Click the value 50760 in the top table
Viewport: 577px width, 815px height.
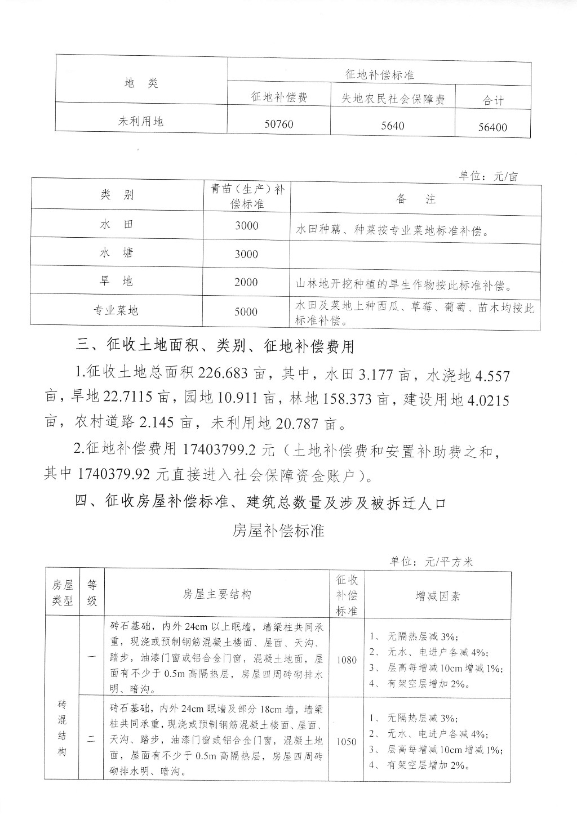click(279, 124)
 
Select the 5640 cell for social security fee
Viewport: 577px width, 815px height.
click(392, 126)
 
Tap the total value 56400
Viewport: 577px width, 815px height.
click(492, 127)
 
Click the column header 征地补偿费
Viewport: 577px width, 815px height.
click(279, 97)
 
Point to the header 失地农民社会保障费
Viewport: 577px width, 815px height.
click(393, 99)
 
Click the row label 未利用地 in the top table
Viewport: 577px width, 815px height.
click(141, 121)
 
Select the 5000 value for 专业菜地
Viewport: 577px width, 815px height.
click(246, 311)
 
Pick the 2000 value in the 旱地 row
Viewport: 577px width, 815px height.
click(246, 282)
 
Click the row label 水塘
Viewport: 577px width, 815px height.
click(116, 253)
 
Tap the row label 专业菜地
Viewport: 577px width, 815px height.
click(116, 310)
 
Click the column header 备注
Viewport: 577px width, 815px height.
click(416, 199)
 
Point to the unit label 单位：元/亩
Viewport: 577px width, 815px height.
click(489, 176)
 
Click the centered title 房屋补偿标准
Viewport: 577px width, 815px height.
click(278, 530)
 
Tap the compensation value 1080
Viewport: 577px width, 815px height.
click(347, 660)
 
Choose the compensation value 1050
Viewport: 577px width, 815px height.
click(347, 742)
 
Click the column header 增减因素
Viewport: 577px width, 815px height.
click(438, 595)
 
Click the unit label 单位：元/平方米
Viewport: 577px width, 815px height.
click(432, 562)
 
